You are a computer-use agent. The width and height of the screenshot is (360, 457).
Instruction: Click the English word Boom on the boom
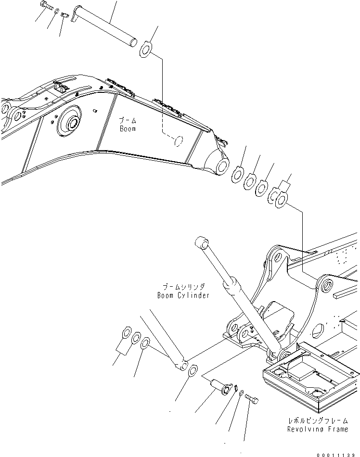(x=128, y=128)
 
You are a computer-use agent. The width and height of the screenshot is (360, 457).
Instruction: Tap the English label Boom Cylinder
(x=183, y=295)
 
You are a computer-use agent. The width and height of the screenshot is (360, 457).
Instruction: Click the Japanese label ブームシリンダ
(x=183, y=287)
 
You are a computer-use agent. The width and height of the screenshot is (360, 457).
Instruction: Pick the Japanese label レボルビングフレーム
(x=317, y=420)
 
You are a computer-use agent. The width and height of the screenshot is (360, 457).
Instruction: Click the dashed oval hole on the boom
(x=178, y=140)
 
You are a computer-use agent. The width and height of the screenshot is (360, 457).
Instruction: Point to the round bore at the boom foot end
(x=222, y=166)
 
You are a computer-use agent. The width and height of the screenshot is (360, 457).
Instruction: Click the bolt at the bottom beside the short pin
(x=251, y=399)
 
